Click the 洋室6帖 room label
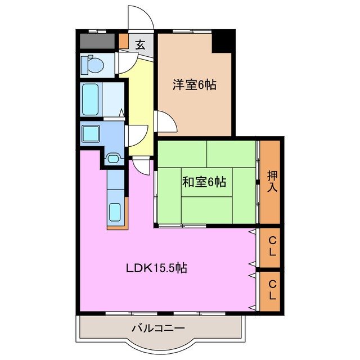click(194, 85)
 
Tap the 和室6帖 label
click(204, 182)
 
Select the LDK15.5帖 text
click(156, 268)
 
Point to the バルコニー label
click(158, 327)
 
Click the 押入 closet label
click(272, 181)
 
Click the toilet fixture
click(91, 65)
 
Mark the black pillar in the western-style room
click(223, 42)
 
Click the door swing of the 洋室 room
click(164, 121)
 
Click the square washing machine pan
click(91, 134)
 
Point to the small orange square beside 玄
click(124, 42)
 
